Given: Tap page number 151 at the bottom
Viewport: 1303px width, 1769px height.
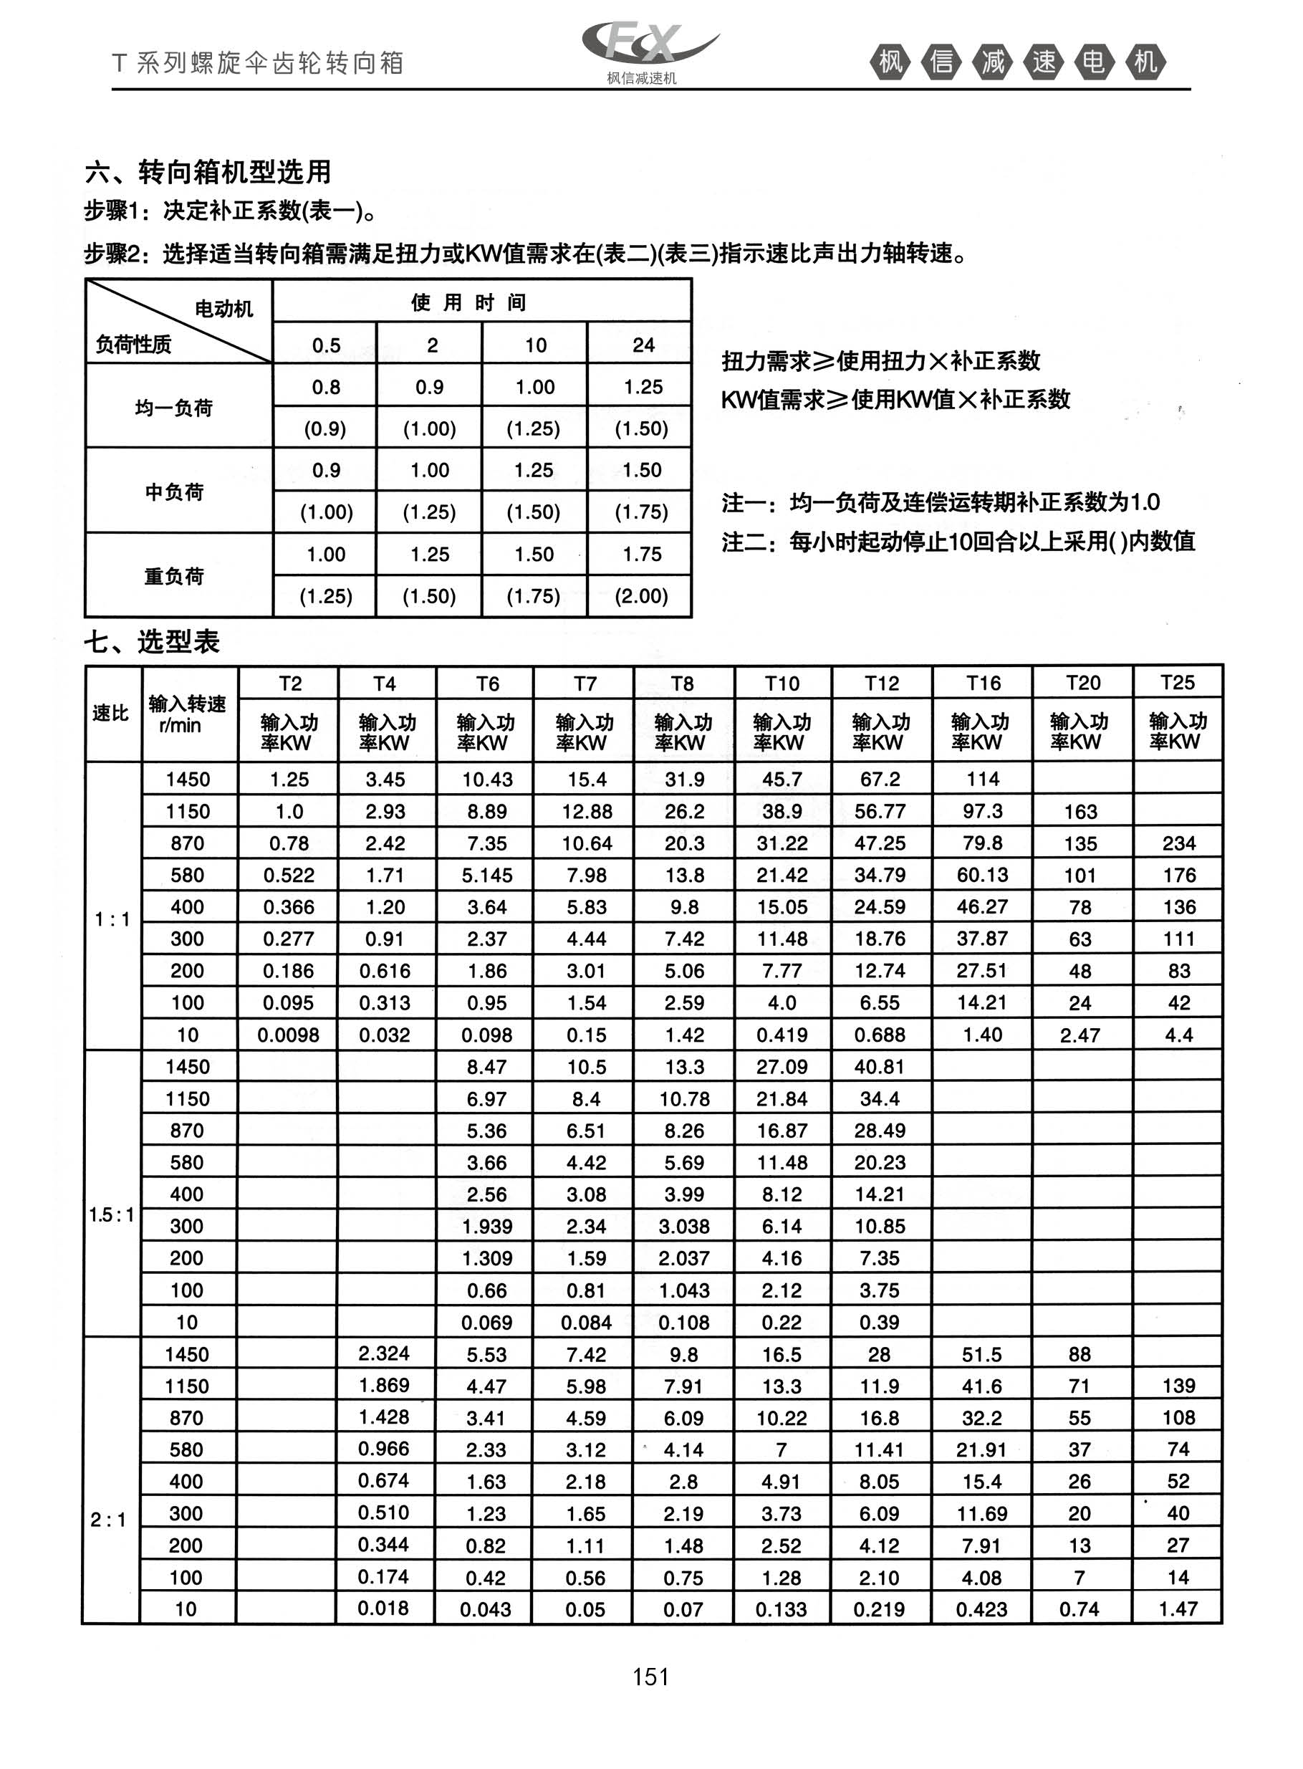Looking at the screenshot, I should click(x=650, y=1676).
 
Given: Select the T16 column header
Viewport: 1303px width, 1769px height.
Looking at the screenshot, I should click(x=983, y=683).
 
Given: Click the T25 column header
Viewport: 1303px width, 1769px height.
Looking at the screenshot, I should click(x=1178, y=682).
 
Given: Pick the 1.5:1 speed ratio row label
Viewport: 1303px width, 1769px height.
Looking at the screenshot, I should click(x=111, y=1214).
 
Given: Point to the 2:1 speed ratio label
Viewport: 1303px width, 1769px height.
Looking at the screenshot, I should click(x=108, y=1519).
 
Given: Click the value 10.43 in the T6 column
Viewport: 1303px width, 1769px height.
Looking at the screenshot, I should click(x=486, y=780).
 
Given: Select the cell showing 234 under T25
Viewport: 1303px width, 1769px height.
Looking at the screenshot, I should click(x=1178, y=843).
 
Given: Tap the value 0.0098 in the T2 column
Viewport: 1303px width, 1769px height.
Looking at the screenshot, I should click(x=288, y=1035).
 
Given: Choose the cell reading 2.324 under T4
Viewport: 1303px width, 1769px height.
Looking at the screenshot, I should click(x=384, y=1353).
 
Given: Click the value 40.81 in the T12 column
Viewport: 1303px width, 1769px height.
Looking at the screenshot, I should click(x=880, y=1066).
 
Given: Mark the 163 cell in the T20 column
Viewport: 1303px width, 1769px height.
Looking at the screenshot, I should click(x=1080, y=812).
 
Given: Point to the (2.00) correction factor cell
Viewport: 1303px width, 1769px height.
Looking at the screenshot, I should click(x=641, y=596).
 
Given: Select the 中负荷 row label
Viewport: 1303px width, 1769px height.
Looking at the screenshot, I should click(x=174, y=492).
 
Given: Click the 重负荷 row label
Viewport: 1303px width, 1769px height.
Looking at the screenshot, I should click(x=174, y=577).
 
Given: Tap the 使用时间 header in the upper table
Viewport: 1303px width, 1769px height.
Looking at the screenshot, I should click(x=468, y=302).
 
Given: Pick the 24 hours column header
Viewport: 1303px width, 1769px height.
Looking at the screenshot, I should click(x=643, y=345).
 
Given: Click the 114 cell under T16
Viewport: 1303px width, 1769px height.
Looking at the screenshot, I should click(x=983, y=780).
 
